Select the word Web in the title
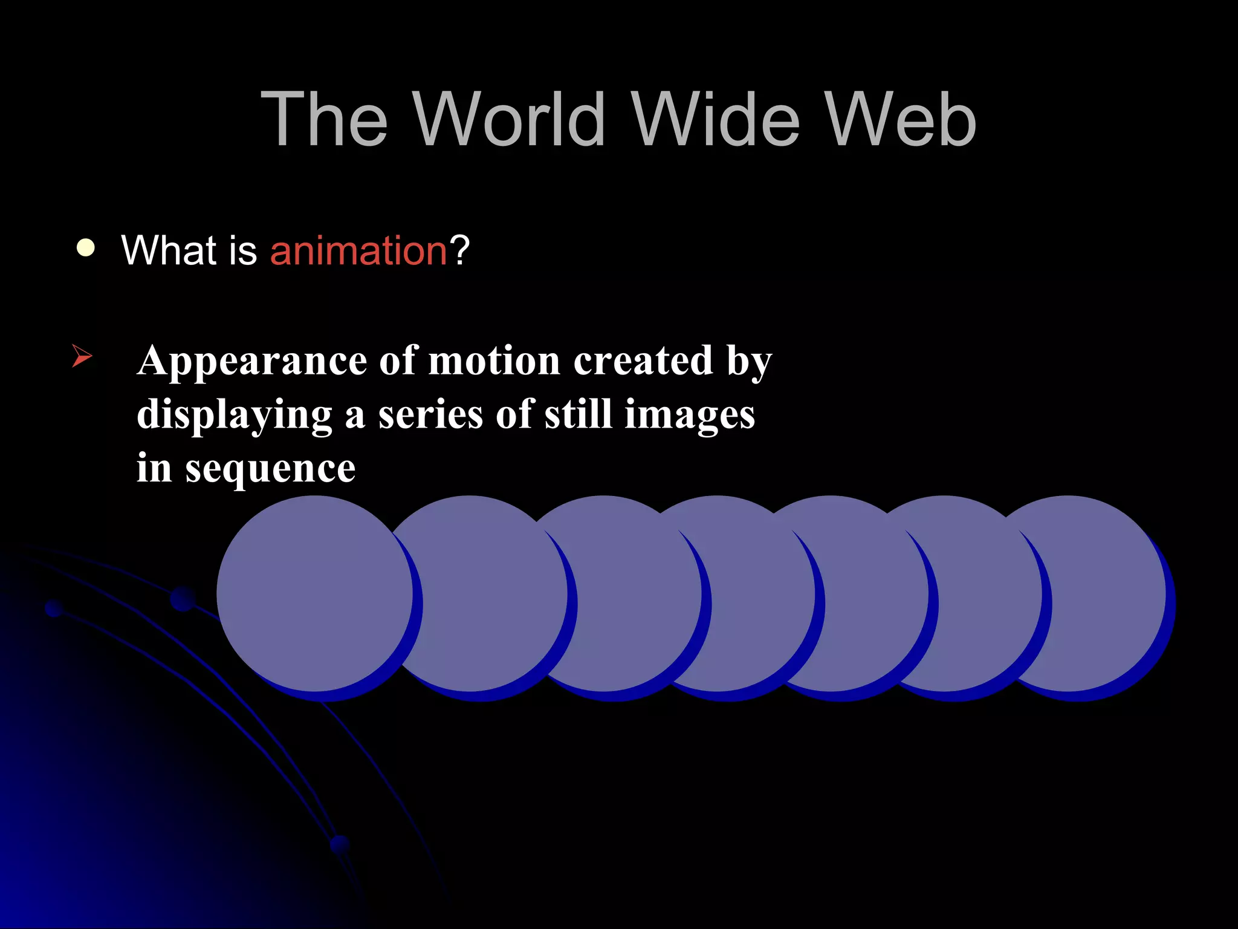[901, 119]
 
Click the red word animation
[358, 250]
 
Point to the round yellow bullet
[86, 248]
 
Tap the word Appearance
[251, 362]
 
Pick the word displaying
[235, 416]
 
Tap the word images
[689, 416]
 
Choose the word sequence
[270, 469]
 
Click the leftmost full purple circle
[315, 593]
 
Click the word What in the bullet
[169, 250]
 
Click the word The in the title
[324, 119]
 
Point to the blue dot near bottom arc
[340, 844]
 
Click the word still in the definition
[578, 415]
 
